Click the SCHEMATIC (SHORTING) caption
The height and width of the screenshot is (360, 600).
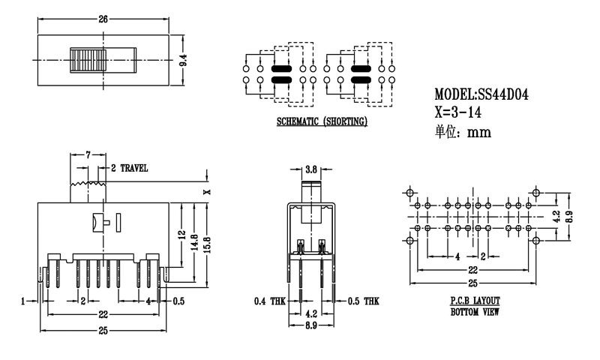[322, 121]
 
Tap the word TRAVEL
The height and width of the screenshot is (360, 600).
[133, 168]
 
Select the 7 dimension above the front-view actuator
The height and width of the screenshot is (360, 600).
[88, 154]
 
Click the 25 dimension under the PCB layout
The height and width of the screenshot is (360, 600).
[472, 283]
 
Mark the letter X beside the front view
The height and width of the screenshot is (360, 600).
[208, 192]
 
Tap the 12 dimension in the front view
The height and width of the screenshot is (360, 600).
[181, 234]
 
